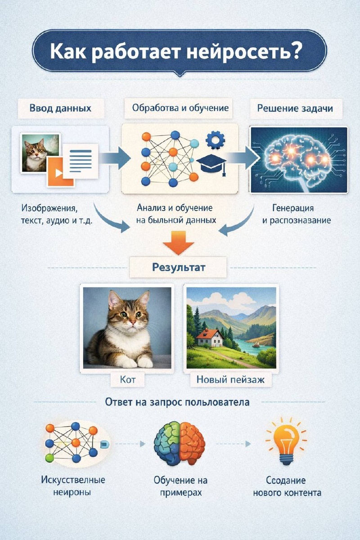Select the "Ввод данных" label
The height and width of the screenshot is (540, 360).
60,108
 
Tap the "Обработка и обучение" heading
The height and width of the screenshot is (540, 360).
180,108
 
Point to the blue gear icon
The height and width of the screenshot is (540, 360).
215,140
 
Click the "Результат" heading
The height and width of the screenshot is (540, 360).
179,267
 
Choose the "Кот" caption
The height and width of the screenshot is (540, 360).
128,380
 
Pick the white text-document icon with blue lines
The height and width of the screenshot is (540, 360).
81,161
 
